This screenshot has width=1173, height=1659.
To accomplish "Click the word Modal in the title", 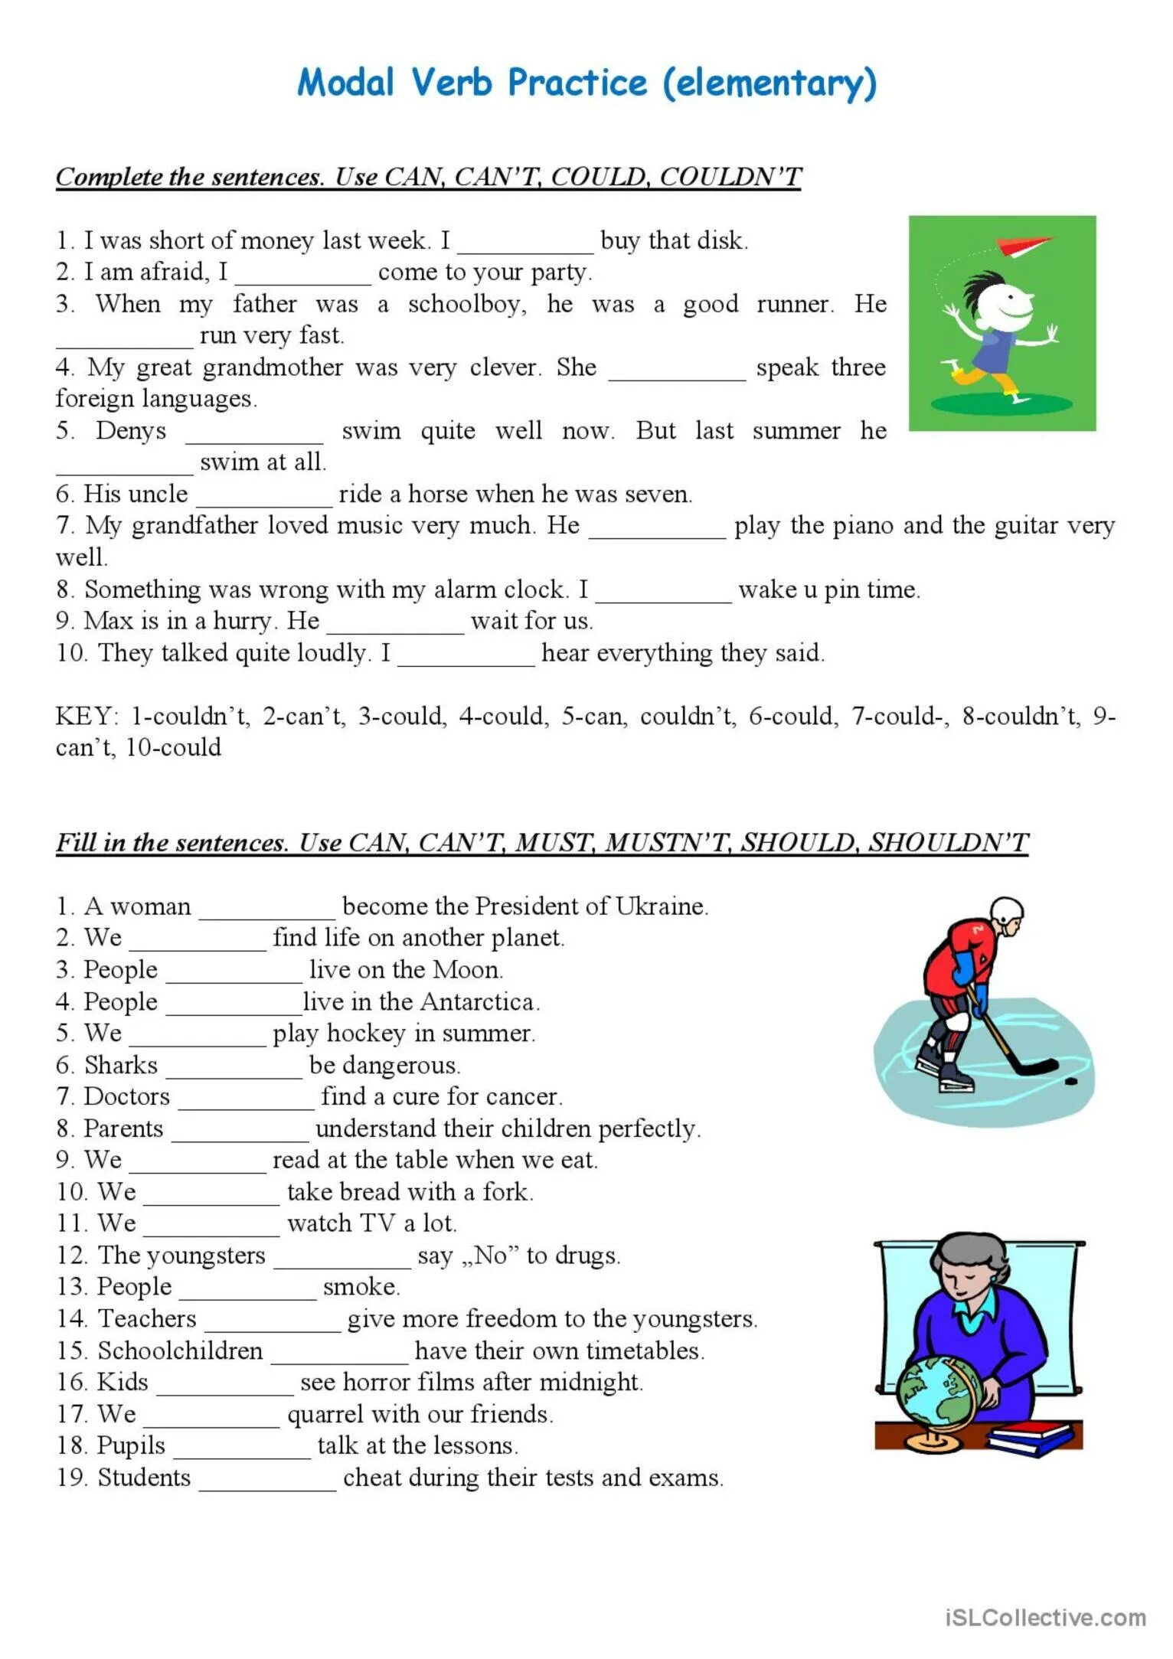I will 345,82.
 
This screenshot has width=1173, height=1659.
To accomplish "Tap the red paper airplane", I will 1024,245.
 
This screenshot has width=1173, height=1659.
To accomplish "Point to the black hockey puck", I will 1071,1081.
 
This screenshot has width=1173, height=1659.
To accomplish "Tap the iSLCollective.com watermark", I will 1045,1617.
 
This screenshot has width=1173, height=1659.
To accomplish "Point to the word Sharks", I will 121,1066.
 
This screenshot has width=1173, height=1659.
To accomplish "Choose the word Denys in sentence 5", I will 131,431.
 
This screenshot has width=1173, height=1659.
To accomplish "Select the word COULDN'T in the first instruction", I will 730,177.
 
